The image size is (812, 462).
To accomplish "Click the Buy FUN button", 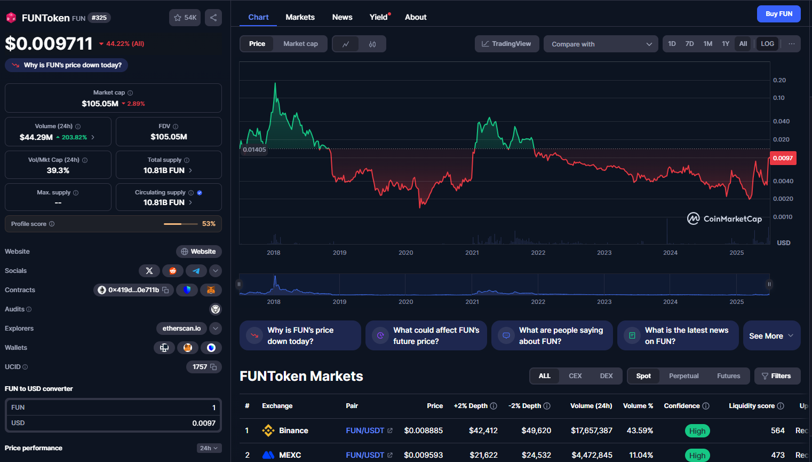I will click(778, 14).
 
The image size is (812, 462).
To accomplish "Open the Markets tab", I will click(300, 17).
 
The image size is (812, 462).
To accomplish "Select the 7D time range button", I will click(689, 44).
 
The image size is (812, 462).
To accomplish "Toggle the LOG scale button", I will click(767, 44).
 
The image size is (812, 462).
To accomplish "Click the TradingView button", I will click(506, 44).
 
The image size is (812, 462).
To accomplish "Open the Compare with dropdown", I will click(601, 44).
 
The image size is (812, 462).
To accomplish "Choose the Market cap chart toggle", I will click(300, 44).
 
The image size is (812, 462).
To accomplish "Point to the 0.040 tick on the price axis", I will click(781, 121).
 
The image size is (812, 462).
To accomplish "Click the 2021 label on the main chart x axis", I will click(472, 253).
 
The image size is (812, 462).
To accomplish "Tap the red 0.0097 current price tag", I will click(782, 158).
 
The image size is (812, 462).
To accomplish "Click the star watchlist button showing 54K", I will click(185, 18).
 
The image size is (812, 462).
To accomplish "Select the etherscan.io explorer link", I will click(181, 328).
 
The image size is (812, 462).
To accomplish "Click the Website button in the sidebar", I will click(198, 252).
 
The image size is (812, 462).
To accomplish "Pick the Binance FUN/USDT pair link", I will click(365, 430).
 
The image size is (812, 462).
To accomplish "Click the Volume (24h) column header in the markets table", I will click(591, 406).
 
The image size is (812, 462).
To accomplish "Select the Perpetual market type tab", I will click(683, 376).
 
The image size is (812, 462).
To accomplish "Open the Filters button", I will click(777, 376).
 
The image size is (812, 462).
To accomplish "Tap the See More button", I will click(771, 336).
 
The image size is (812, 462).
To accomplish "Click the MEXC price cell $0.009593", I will click(423, 455).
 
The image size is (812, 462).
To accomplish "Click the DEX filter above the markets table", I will click(606, 376).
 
